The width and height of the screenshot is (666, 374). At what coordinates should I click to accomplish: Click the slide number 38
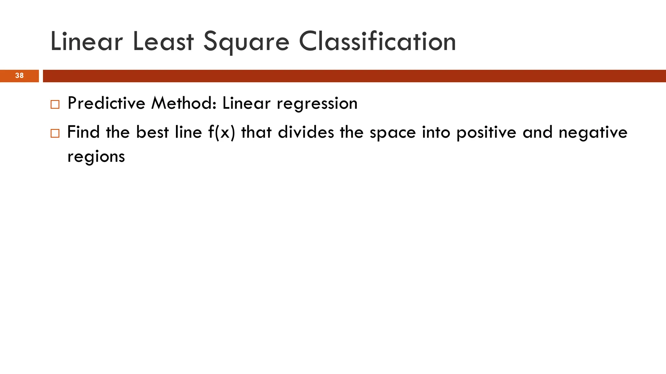point(20,76)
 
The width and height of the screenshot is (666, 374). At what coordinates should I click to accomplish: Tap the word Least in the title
point(163,42)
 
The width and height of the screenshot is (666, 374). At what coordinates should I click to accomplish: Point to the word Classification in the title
point(377,42)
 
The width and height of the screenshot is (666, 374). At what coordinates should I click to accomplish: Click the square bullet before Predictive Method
point(55,105)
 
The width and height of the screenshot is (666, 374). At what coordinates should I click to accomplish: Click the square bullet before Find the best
point(55,133)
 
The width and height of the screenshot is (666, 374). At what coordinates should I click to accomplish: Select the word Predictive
point(106,104)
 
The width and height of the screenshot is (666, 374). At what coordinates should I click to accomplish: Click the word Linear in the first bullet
point(246,104)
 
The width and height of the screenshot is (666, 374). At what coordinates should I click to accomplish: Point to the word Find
point(83,132)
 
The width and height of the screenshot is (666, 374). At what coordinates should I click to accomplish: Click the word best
point(153,132)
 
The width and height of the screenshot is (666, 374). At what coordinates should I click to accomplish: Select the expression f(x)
point(221,132)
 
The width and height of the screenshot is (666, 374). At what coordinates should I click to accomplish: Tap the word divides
point(306,132)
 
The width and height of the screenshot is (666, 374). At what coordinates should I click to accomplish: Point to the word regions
point(96,157)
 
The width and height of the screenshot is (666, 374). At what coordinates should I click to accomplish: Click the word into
point(436,132)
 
